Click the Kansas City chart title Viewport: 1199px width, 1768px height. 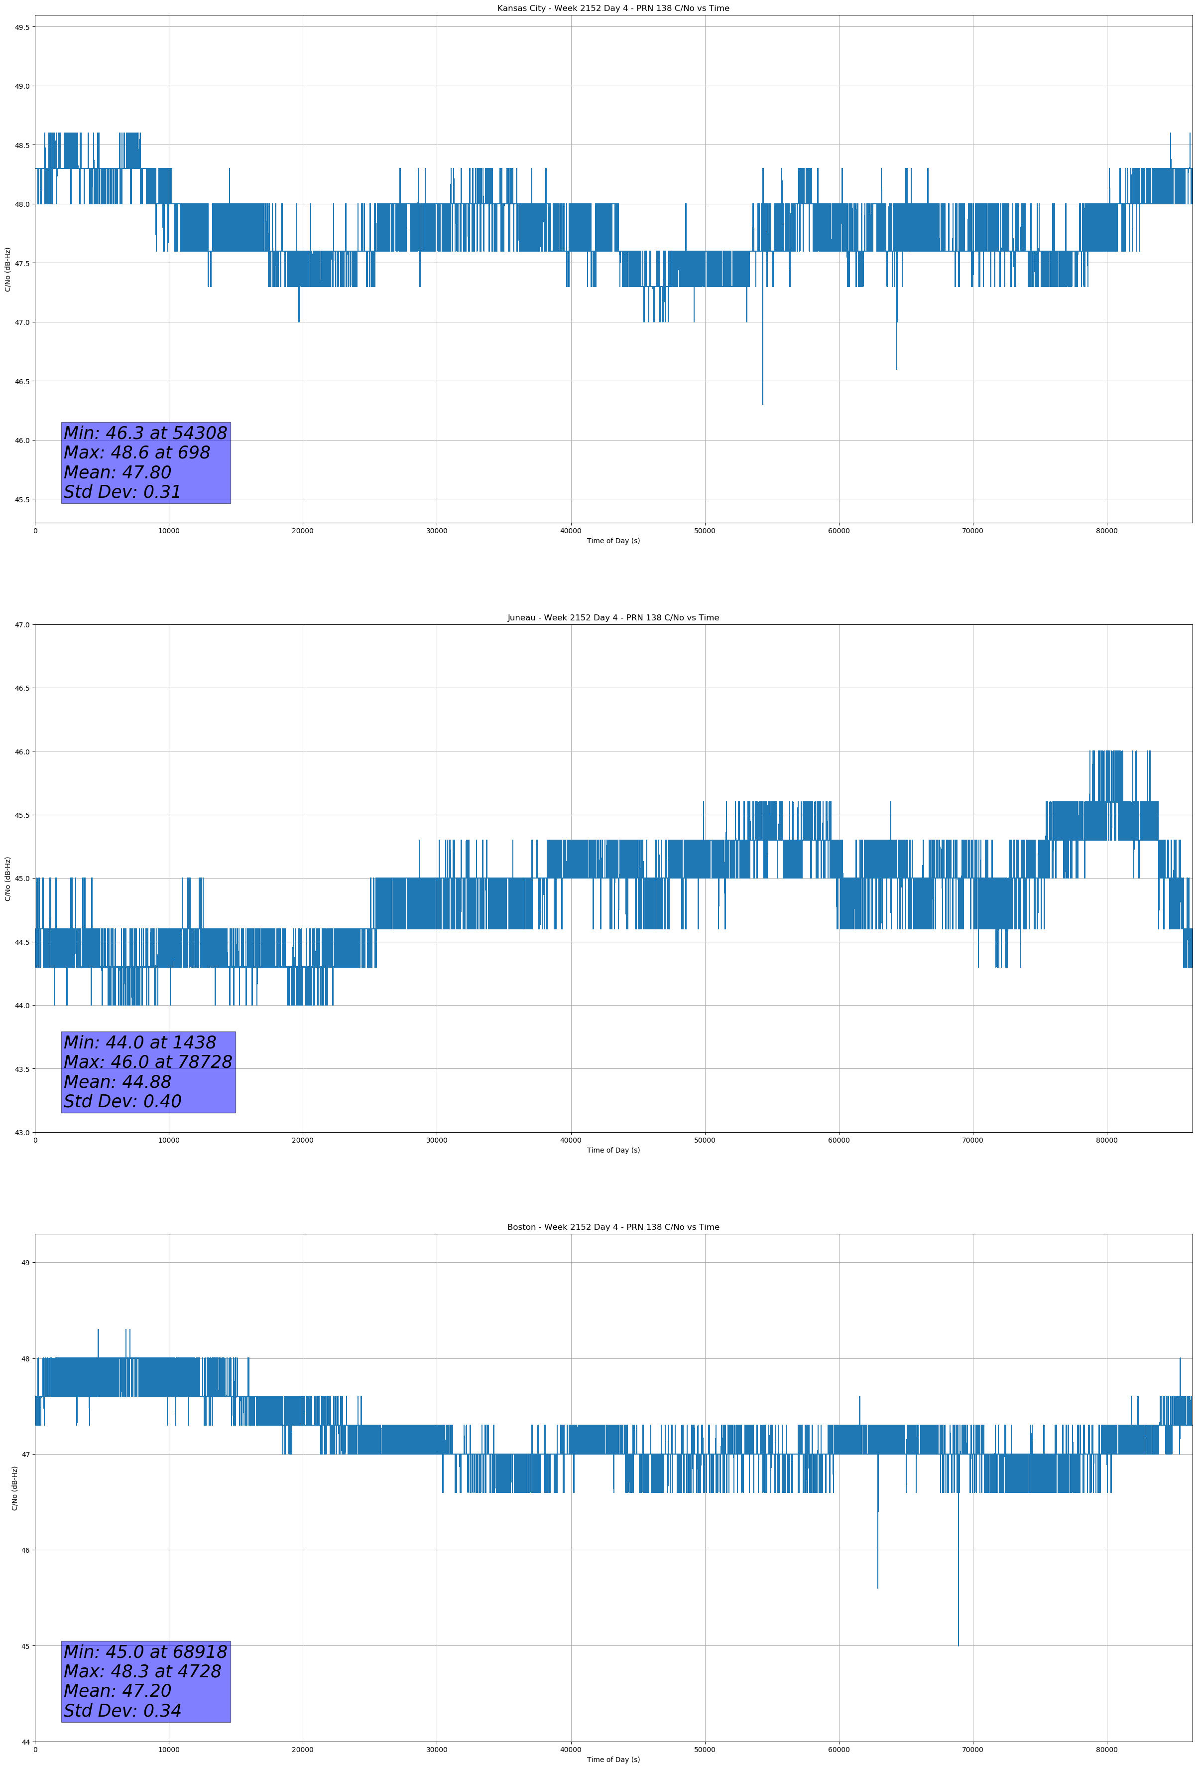613,8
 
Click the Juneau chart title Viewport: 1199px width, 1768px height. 613,618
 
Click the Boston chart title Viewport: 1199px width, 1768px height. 613,1227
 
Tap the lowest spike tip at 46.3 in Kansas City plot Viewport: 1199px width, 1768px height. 763,403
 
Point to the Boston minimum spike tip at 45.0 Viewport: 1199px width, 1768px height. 958,1645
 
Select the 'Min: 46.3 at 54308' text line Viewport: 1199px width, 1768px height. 145,433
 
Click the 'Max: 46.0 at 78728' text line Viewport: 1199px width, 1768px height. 147,1062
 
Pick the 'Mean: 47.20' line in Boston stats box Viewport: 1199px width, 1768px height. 117,1690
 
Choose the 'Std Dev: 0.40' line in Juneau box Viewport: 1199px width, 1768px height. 122,1102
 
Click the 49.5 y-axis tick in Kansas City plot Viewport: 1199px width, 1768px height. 21,27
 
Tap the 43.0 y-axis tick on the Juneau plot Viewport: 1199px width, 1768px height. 21,1133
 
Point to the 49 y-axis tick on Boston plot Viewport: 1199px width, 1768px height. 25,1263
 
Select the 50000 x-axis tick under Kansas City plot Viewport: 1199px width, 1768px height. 704,531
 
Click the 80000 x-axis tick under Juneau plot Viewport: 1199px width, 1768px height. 1106,1140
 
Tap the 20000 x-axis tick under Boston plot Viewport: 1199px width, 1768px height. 303,1750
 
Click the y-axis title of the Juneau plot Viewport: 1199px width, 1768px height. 7,879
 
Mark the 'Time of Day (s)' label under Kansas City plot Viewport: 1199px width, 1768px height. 613,541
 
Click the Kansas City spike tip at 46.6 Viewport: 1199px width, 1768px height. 896,368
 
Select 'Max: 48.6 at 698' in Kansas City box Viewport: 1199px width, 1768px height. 137,452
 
